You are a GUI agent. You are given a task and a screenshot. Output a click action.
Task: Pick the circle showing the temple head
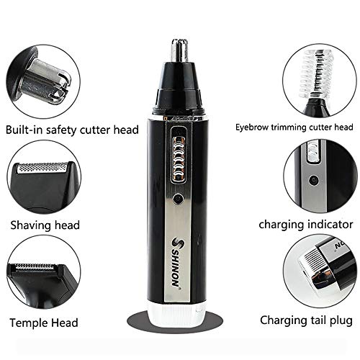[x=40, y=279]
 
